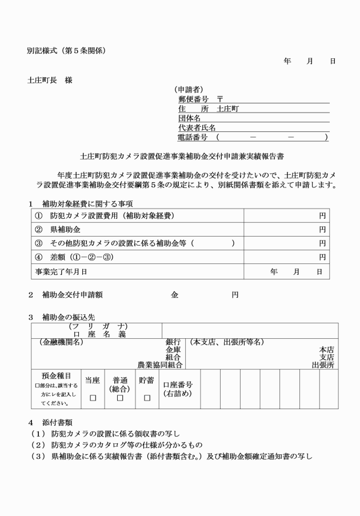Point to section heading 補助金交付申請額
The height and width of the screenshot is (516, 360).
click(x=73, y=295)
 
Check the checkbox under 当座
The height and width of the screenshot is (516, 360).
click(x=93, y=398)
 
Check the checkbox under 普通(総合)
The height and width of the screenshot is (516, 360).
click(x=120, y=398)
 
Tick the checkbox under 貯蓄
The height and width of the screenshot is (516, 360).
click(x=147, y=398)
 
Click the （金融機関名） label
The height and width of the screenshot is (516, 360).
click(x=61, y=342)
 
